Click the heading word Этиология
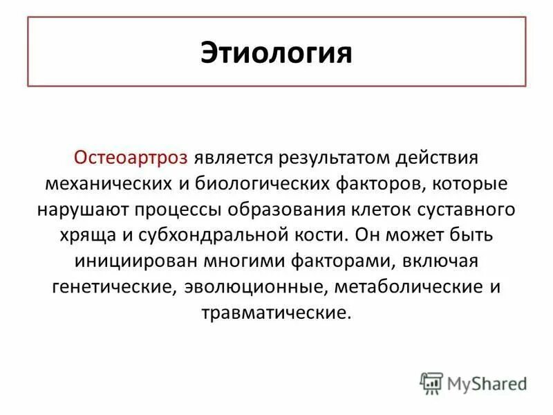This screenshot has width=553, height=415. [x=276, y=53]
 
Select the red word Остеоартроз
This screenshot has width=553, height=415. [x=131, y=157]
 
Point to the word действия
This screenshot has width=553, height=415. [x=440, y=157]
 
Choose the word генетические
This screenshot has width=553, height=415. [x=114, y=286]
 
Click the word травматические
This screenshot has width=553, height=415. [x=276, y=313]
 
